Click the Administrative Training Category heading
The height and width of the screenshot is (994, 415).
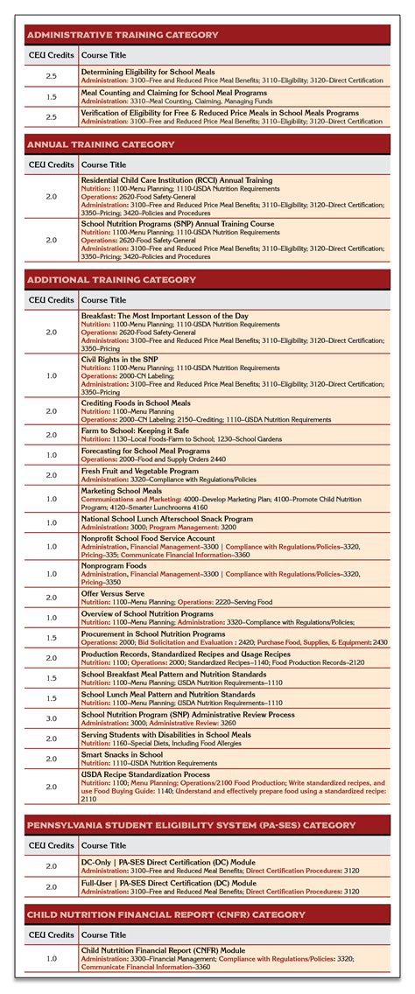click(x=123, y=35)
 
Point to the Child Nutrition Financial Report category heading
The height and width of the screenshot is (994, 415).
click(x=166, y=914)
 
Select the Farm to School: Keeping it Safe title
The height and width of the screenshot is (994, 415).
click(x=137, y=431)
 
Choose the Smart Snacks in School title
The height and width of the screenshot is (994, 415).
click(x=122, y=754)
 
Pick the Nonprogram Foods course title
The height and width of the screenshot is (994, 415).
click(x=114, y=565)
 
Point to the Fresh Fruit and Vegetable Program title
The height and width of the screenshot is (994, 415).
click(x=140, y=471)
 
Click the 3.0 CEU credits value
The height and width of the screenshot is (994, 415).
click(x=51, y=718)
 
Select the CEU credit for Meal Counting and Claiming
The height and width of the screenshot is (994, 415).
click(x=51, y=96)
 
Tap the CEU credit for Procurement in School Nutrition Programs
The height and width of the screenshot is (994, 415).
click(x=51, y=638)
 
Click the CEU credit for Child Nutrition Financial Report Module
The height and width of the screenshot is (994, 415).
click(x=51, y=958)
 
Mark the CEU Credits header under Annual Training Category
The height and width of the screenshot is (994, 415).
click(x=51, y=164)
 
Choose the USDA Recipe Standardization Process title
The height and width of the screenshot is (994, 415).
click(x=145, y=774)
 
